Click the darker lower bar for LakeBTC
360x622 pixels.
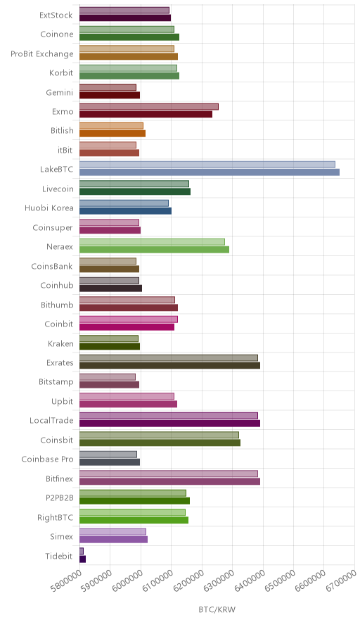[x=210, y=172]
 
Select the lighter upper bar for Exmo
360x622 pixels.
[x=149, y=107]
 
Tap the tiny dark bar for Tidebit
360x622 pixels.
[x=82, y=559]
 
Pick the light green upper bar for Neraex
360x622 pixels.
[x=153, y=242]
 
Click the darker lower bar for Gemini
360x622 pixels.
[x=110, y=95]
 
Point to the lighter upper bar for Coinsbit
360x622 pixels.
[x=160, y=435]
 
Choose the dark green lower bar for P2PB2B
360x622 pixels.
[x=135, y=500]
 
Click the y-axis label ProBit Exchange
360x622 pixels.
[x=42, y=54]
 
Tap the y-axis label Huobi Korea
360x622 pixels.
[x=49, y=208]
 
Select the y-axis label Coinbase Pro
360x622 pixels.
[x=48, y=459]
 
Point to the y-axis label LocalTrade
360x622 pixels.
[x=51, y=421]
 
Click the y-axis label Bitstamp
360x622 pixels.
[x=56, y=382]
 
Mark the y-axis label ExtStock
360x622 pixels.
[x=56, y=15]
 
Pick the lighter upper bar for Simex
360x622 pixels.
[x=113, y=532]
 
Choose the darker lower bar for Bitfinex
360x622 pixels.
[x=169, y=481]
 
